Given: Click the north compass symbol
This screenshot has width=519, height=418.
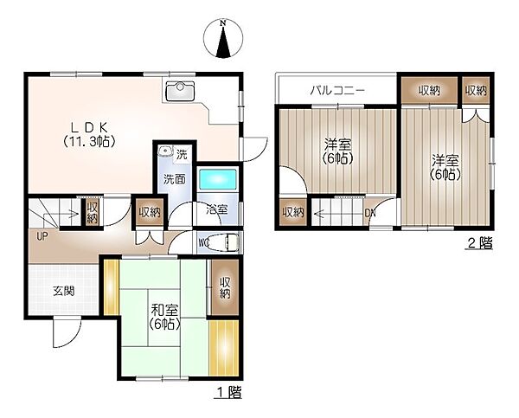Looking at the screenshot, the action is click(223, 38).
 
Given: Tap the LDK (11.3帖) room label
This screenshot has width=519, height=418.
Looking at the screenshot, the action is click(89, 135).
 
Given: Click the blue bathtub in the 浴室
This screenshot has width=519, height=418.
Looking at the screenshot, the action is click(218, 179).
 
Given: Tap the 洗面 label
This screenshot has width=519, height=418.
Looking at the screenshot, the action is click(175, 179).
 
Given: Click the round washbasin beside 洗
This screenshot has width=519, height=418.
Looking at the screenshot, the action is click(164, 151).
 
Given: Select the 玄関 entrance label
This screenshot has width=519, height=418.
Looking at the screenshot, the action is click(64, 291).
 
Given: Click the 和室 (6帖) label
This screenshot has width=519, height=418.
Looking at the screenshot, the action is click(164, 317).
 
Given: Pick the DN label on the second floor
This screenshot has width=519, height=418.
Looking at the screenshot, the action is click(370, 213).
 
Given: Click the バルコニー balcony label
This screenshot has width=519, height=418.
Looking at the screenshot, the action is click(337, 90).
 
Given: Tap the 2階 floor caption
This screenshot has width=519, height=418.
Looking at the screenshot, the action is click(480, 243).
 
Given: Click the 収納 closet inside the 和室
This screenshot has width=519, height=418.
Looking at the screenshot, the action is click(225, 287).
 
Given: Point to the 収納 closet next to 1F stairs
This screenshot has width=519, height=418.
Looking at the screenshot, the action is click(93, 212).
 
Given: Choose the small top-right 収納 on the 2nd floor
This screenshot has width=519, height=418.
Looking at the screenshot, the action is click(476, 90).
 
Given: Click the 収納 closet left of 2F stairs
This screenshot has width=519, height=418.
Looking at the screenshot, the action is click(293, 212).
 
